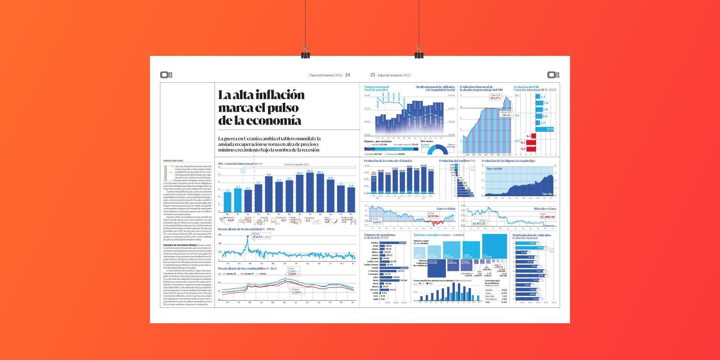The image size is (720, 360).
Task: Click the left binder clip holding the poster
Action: pos(306,52)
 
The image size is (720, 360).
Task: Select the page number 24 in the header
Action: pos(347,75)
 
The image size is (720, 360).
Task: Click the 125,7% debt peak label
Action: pos(495,98)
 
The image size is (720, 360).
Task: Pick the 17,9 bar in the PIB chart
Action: pos(545,129)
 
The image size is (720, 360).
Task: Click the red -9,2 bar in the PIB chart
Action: pos(531,149)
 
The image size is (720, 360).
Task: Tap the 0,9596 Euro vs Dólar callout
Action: pos(433,216)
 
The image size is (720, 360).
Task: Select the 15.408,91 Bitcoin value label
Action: pos(547,217)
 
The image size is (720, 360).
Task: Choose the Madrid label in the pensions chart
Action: pos(375,280)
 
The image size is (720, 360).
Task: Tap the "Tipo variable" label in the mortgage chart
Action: pos(494,169)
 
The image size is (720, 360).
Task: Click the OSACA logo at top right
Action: pos(553,75)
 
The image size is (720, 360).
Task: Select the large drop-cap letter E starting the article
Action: pos(168,172)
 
